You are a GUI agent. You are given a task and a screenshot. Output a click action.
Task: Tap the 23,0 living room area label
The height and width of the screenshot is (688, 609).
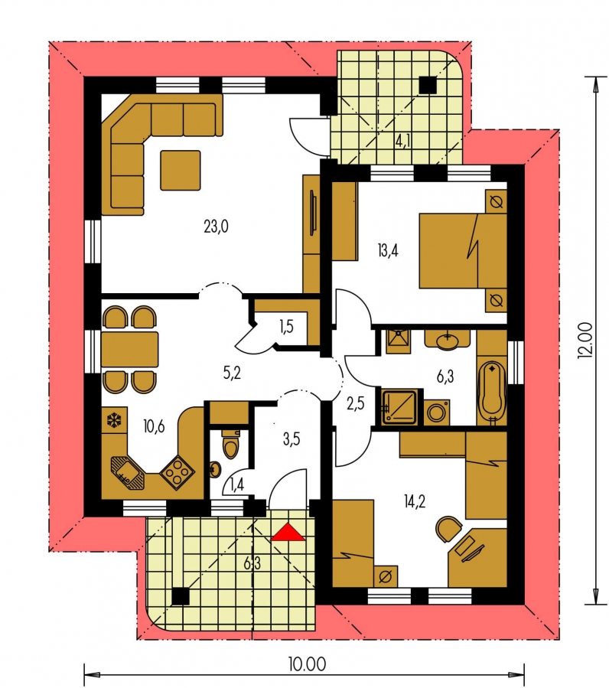tap(217, 227)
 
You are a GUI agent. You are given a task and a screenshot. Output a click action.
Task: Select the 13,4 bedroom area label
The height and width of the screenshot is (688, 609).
tap(388, 251)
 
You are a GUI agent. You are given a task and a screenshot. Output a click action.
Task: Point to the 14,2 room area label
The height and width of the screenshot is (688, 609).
tap(415, 501)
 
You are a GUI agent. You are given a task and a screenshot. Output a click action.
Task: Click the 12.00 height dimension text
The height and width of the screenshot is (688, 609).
tap(586, 341)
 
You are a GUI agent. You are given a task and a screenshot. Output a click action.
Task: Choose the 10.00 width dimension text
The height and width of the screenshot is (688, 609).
tap(307, 664)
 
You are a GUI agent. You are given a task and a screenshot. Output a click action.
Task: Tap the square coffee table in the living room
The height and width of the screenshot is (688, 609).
tap(181, 170)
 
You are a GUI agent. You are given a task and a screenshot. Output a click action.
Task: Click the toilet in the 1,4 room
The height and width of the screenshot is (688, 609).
tap(231, 443)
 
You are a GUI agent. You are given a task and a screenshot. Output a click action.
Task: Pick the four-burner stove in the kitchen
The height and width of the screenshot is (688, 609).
tap(177, 472)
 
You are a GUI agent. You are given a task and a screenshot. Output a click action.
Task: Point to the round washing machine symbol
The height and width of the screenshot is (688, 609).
tap(437, 413)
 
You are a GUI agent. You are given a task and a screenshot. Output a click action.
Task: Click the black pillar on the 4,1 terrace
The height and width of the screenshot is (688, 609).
tap(428, 85)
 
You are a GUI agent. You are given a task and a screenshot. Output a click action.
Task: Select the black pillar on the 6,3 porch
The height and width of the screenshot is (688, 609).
tap(180, 597)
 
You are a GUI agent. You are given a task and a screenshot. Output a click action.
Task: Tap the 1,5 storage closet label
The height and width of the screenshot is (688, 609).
tap(286, 327)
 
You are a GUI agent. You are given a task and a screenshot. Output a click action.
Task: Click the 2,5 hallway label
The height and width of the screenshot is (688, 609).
tap(356, 403)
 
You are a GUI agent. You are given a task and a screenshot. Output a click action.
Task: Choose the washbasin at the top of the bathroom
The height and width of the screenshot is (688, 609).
tap(447, 340)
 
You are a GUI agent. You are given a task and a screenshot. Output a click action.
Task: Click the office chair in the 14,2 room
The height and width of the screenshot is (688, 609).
tap(448, 529)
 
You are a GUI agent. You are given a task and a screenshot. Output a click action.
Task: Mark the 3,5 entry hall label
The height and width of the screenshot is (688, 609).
tap(291, 439)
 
